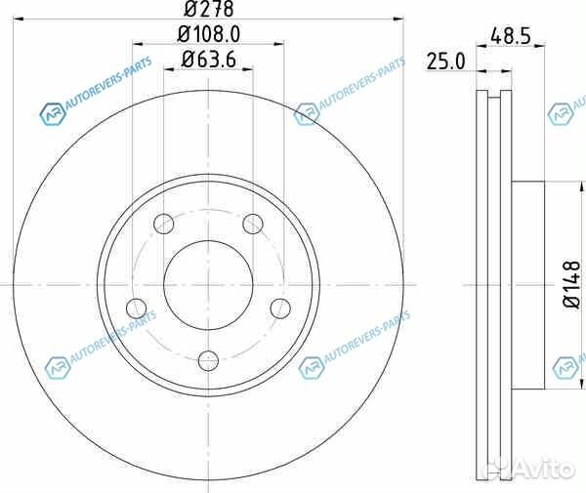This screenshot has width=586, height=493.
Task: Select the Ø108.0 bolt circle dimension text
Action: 209,34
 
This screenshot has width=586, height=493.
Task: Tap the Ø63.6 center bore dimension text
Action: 209,59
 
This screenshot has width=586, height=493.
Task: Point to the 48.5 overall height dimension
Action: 510,36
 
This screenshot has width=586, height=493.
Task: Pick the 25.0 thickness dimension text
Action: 446,62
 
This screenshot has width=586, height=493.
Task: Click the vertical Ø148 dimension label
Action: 571,285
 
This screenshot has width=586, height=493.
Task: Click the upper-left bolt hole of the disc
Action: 164,225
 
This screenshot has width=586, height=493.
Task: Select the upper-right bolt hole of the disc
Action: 253,225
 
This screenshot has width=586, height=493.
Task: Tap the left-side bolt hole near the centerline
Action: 137,308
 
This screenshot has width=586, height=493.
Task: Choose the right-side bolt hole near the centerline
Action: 280,308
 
